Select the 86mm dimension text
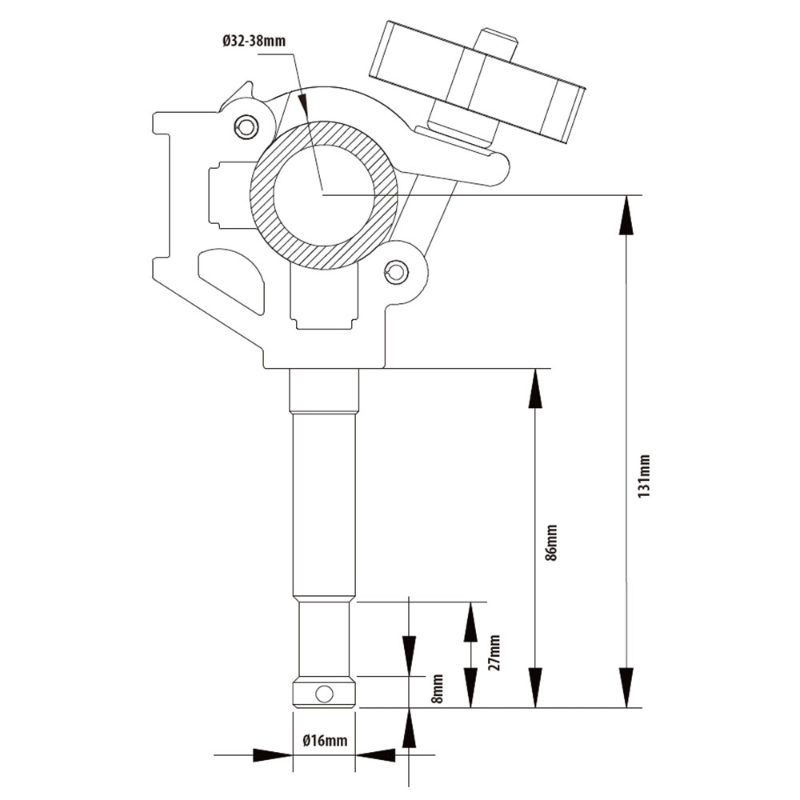coord(551,543)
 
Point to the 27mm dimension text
coord(494,652)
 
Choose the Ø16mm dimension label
coord(325,740)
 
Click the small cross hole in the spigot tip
coord(324,693)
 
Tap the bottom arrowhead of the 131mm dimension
coord(626,690)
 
